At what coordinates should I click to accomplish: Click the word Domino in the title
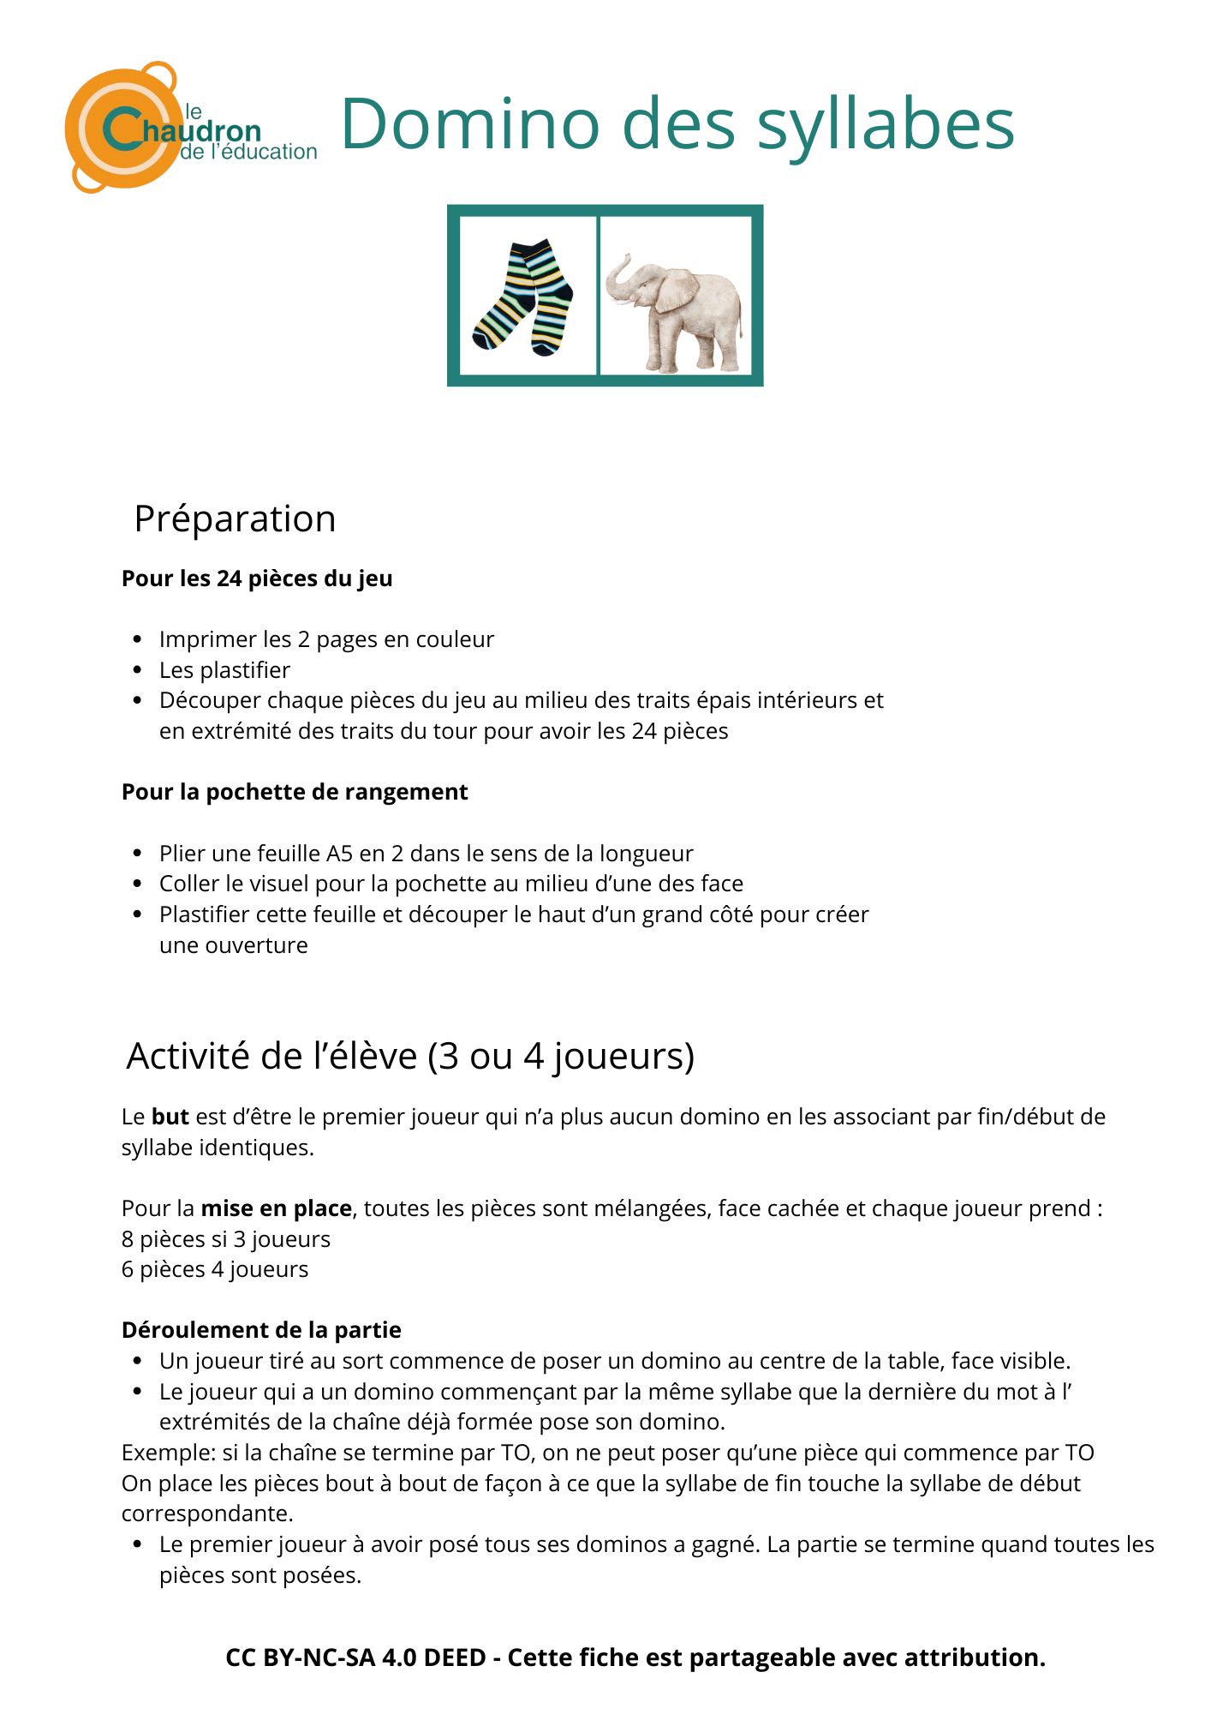click(x=468, y=124)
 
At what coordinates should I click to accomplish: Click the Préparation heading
click(x=235, y=519)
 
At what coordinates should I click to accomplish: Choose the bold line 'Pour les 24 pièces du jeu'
click(x=257, y=578)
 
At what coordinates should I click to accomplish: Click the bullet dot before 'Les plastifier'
click(x=138, y=670)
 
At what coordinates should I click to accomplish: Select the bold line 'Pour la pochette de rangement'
click(x=295, y=792)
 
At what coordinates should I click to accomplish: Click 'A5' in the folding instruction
click(x=339, y=854)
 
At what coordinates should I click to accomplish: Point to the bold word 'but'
click(x=170, y=1117)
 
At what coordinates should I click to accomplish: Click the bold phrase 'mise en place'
click(x=276, y=1208)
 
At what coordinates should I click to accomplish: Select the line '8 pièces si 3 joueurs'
click(x=226, y=1239)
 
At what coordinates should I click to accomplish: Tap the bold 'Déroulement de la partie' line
click(x=261, y=1330)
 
